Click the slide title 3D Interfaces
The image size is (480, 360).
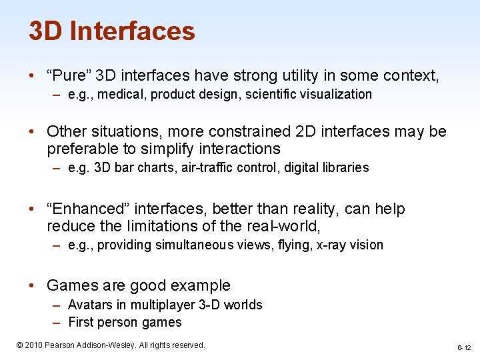click(112, 31)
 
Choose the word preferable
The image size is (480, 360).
click(86, 149)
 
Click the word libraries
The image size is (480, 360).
click(345, 168)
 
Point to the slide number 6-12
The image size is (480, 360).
click(464, 347)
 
